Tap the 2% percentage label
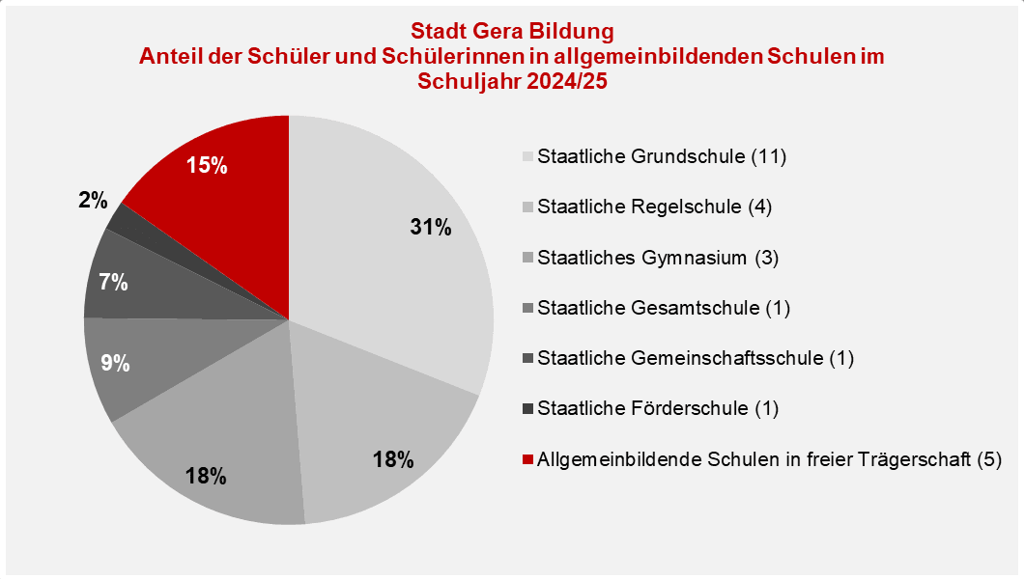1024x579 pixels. pos(94,201)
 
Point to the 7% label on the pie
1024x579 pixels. pos(114,283)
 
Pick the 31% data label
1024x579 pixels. pos(430,228)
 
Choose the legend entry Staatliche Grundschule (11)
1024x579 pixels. pos(663,156)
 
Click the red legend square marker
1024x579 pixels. pos(526,459)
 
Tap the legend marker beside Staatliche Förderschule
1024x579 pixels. pos(526,408)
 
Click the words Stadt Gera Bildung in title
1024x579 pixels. pos(512,32)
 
